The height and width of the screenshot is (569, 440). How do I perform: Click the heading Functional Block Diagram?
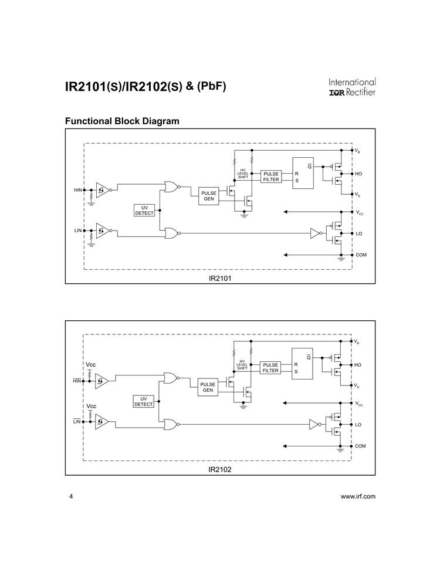121,121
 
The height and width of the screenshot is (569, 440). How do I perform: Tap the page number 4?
71,496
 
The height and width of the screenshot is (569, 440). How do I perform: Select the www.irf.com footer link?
358,496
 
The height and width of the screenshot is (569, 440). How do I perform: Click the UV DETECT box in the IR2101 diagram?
144,211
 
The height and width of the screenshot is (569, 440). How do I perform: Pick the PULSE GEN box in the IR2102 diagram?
208,387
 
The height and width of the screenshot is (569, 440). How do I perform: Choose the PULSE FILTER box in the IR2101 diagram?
270,177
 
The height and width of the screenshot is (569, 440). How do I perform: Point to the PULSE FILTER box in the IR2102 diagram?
270,368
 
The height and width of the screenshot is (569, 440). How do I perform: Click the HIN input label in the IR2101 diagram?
77,190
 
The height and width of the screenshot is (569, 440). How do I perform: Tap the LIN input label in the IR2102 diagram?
76,422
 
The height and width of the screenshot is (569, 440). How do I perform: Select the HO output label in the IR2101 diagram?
358,174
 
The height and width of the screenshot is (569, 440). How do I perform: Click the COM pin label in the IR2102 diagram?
361,446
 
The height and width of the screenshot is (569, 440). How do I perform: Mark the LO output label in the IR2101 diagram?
358,233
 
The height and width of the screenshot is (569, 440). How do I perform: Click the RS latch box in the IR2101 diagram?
303,174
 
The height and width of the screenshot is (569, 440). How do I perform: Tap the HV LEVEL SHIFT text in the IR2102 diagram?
242,365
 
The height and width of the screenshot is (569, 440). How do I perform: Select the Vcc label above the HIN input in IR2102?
91,365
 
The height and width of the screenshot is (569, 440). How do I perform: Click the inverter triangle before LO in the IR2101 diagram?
314,233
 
